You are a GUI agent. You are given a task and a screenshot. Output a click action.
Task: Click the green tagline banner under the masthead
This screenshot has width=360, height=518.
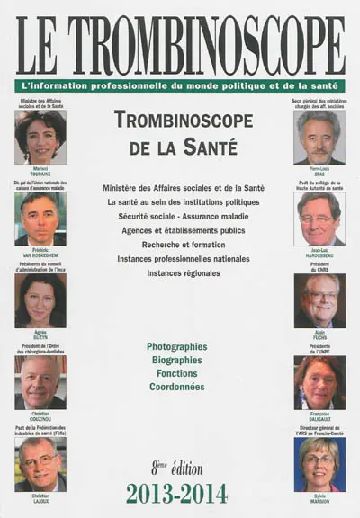tap(180, 85)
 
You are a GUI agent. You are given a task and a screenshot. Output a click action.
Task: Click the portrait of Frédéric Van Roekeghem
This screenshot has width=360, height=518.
tap(40, 220)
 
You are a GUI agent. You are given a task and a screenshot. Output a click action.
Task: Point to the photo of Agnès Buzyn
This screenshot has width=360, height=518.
tap(40, 300)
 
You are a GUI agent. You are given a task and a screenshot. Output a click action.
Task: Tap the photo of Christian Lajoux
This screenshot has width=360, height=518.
tap(40, 465)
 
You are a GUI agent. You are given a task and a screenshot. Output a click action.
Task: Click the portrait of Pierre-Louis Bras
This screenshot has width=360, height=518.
tap(319, 136)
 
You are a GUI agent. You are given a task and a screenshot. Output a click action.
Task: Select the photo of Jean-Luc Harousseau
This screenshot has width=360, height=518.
tap(319, 219)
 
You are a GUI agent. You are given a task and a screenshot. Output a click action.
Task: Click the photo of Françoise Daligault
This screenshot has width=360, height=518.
tap(319, 383)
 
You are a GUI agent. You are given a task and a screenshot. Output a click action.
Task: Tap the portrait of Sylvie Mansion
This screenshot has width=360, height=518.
tap(319, 465)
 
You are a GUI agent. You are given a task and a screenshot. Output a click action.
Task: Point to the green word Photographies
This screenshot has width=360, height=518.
tap(176, 346)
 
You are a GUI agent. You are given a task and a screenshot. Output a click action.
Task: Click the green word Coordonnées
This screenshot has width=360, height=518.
tap(176, 387)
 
